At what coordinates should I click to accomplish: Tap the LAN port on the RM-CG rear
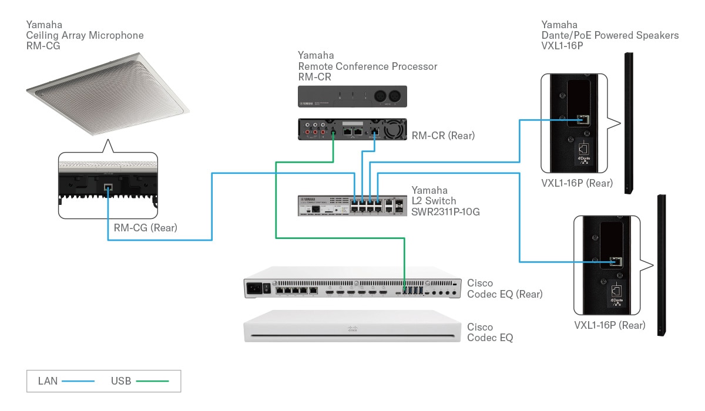point(108,189)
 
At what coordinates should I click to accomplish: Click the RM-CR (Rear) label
point(442,136)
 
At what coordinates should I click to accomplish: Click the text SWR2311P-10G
point(445,212)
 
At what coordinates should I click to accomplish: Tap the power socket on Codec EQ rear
point(256,288)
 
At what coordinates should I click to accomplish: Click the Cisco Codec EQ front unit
point(351,333)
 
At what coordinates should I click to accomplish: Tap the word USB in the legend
point(120,381)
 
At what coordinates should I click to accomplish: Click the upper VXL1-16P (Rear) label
point(576,183)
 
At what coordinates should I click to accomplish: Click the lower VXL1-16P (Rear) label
point(609,325)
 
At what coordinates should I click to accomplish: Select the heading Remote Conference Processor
point(367,66)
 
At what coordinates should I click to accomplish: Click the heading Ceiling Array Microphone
point(85,35)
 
